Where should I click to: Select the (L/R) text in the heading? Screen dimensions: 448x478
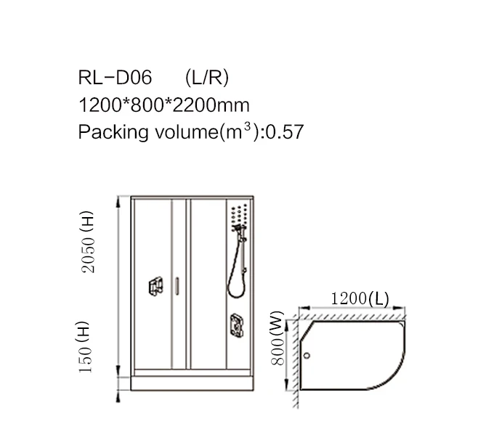tap(208, 78)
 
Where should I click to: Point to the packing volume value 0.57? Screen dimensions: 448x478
tap(284, 132)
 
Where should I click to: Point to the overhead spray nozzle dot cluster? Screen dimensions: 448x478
tap(238, 213)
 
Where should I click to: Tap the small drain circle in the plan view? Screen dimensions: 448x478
tap(307, 356)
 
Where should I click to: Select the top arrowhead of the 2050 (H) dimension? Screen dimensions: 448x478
tap(118, 200)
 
